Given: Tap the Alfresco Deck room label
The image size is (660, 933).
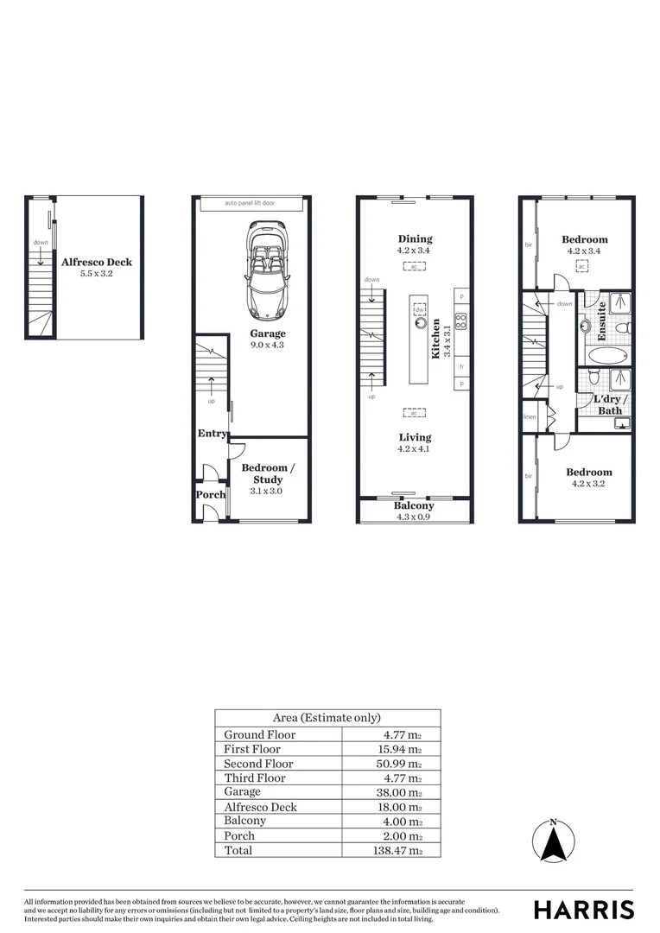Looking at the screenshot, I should [96, 262].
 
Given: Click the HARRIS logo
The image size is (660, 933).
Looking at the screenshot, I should [583, 910].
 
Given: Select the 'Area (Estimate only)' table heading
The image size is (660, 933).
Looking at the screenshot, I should [327, 718].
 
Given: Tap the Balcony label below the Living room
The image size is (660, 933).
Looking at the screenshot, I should [414, 505].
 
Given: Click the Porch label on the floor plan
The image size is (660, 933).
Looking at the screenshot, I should [210, 495].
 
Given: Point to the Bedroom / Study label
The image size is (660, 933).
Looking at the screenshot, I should [268, 473].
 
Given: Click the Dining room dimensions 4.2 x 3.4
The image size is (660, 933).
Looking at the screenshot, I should [414, 251].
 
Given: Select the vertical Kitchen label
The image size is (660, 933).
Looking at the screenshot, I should [437, 337].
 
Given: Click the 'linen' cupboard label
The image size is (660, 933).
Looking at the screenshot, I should [530, 417].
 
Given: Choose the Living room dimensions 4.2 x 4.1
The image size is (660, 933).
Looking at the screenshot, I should [414, 449].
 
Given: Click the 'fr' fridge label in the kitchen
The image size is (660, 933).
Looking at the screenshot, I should [461, 366].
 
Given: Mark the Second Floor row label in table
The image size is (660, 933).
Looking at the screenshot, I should [258, 764].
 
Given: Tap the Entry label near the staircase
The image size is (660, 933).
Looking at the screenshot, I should [212, 434].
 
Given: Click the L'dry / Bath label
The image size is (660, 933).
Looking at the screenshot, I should [610, 404].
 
